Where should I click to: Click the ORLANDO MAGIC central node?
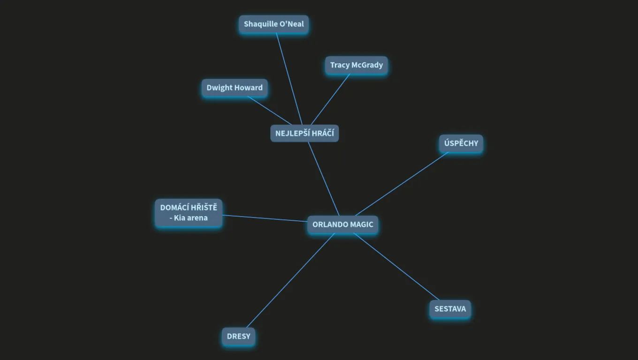[x=342, y=225]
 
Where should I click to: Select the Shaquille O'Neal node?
[x=273, y=24]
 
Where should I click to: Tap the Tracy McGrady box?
[x=357, y=65]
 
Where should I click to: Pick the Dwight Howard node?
[x=235, y=88]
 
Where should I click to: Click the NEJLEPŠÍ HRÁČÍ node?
[x=304, y=133]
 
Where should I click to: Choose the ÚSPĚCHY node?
[x=461, y=143]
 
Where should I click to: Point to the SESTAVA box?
[x=450, y=309]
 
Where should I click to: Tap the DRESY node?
[x=238, y=337]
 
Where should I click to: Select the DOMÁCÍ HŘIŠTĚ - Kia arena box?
[x=189, y=213]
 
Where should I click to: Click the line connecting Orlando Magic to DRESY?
[x=290, y=281]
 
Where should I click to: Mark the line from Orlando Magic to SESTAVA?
[x=396, y=267]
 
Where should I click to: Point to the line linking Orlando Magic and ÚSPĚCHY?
[x=402, y=184]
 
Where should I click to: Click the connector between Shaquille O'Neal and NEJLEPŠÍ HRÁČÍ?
[x=289, y=79]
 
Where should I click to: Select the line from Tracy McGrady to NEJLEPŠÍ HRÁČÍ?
[x=330, y=99]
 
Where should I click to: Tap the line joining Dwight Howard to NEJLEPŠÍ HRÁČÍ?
[x=269, y=111]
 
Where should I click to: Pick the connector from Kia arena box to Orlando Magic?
[x=265, y=218]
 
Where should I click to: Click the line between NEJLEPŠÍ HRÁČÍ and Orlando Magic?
[x=324, y=179]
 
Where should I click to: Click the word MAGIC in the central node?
[x=361, y=225]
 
